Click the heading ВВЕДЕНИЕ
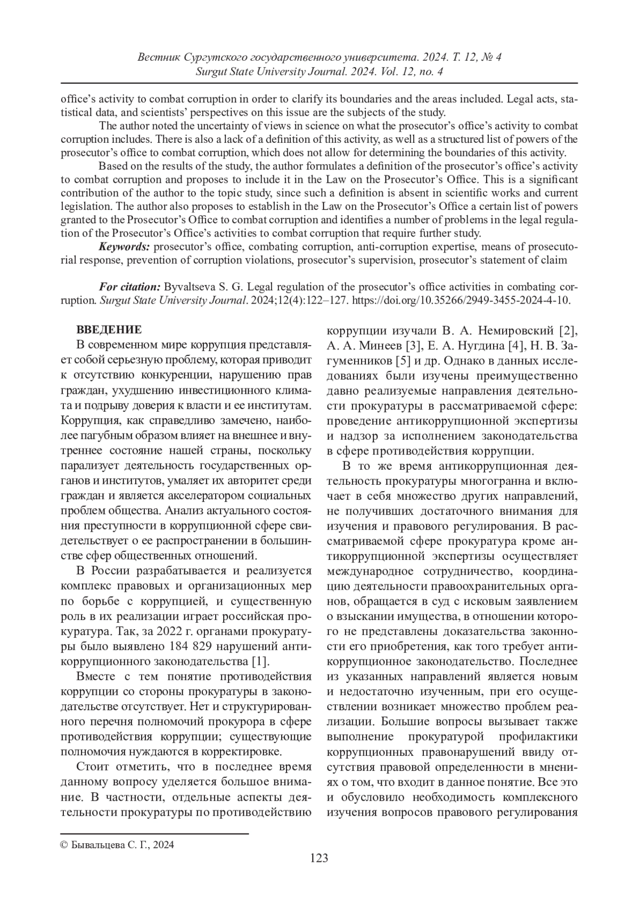click(109, 329)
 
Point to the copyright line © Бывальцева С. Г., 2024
click(117, 845)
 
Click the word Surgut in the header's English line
click(212, 71)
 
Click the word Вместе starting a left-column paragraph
click(93, 677)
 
